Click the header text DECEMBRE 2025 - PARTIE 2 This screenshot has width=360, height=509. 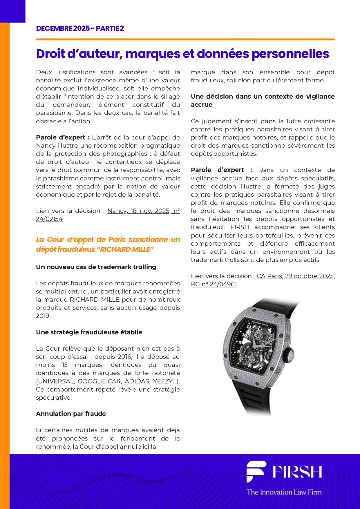pyautogui.click(x=80, y=28)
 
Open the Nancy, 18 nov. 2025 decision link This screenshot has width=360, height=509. pyautogui.click(x=143, y=211)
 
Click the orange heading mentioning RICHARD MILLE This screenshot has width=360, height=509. pyautogui.click(x=108, y=244)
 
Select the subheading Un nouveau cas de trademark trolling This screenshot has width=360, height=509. pyautogui.click(x=96, y=267)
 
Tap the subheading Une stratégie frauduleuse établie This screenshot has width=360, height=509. pyautogui.click(x=89, y=332)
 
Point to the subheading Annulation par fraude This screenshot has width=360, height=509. pyautogui.click(x=71, y=414)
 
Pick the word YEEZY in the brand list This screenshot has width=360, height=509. pyautogui.click(x=163, y=381)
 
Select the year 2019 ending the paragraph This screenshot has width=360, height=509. pyautogui.click(x=43, y=316)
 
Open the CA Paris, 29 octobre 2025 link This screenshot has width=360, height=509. pyautogui.click(x=295, y=276)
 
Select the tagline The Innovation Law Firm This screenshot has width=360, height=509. pyautogui.click(x=284, y=492)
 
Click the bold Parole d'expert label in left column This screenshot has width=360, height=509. pyautogui.click(x=60, y=137)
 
